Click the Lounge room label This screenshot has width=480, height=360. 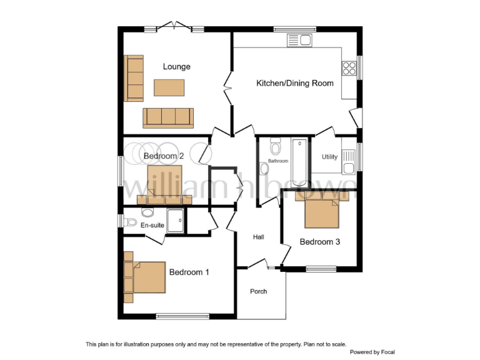pyautogui.click(x=176, y=67)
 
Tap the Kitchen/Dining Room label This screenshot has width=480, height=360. pyautogui.click(x=295, y=83)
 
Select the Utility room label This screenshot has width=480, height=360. pyautogui.click(x=329, y=157)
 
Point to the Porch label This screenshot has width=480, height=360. pyautogui.click(x=259, y=291)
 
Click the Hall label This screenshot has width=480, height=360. pyautogui.click(x=259, y=237)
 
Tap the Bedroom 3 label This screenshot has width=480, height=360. pyautogui.click(x=319, y=242)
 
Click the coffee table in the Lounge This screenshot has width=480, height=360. pyautogui.click(x=169, y=88)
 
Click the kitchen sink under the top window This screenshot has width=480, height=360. pyautogui.click(x=299, y=41)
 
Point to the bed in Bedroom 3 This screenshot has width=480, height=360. pyautogui.click(x=322, y=211)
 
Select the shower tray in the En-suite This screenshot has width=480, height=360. pyautogui.click(x=175, y=221)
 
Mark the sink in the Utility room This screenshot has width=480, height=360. pyautogui.click(x=349, y=167)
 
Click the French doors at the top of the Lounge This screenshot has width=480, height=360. pyautogui.click(x=174, y=26)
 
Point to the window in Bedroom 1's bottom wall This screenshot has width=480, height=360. pyautogui.click(x=182, y=316)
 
